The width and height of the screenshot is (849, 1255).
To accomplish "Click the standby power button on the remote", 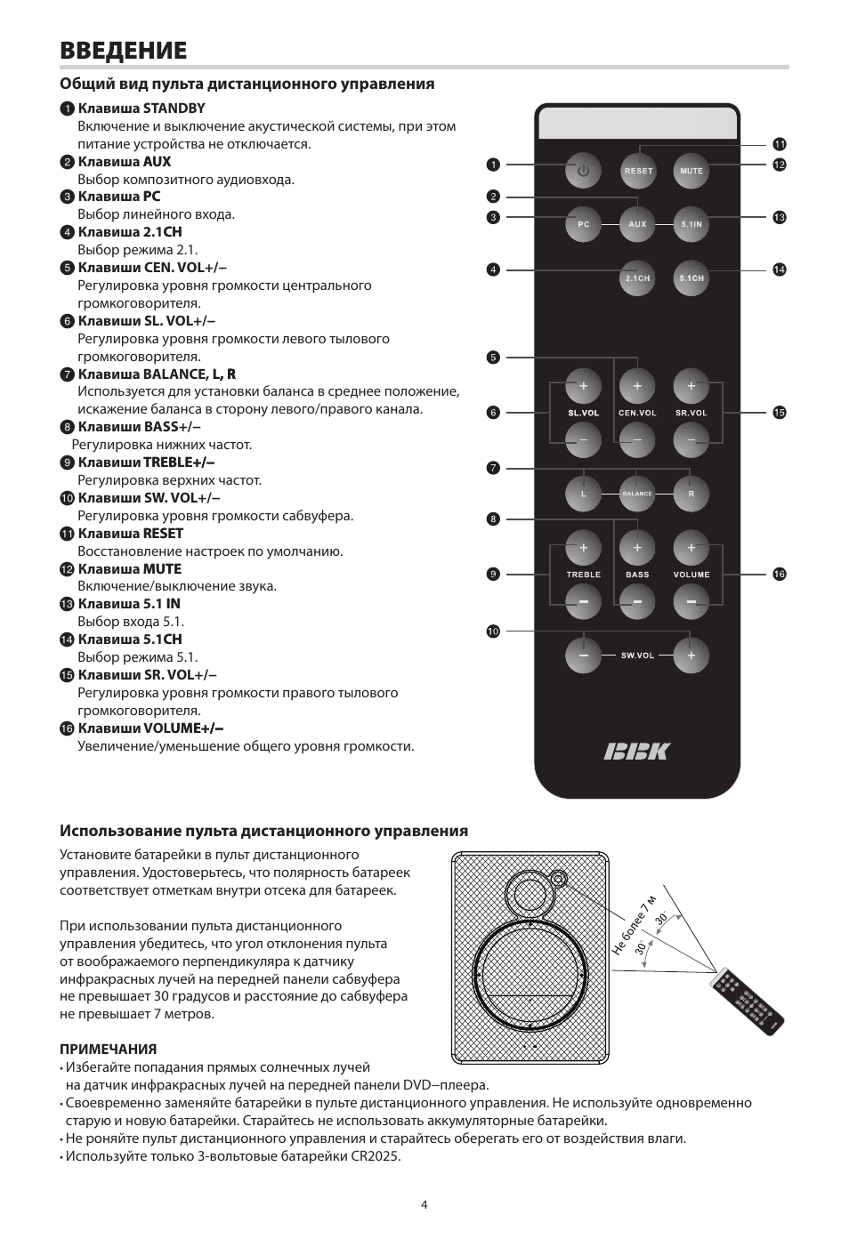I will tap(584, 171).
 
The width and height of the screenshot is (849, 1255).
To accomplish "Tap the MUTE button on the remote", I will tap(691, 171).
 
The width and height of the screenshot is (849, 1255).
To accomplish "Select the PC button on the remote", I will tap(584, 224).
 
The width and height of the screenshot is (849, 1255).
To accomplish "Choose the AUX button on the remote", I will tap(637, 224).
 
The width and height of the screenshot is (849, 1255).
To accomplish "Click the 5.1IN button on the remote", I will tap(691, 224).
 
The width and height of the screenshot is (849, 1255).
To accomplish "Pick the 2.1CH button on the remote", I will tap(637, 278).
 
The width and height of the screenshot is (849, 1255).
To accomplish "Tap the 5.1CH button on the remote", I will tap(691, 278).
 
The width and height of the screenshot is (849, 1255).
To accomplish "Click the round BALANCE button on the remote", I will tap(637, 494).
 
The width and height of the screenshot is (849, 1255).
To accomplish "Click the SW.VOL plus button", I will tap(691, 656).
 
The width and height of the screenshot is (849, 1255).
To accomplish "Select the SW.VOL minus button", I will tap(584, 656).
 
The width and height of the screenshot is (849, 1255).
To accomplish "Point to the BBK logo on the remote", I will tap(636, 752).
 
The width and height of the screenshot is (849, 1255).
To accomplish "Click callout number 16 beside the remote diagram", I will tap(780, 575).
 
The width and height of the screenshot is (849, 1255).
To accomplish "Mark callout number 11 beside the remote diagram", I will tap(780, 144).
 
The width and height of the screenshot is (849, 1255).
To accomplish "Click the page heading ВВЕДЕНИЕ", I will tap(124, 50).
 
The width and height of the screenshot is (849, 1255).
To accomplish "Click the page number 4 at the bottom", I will tap(424, 1205).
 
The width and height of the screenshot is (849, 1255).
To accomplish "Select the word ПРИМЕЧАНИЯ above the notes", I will tap(108, 1050).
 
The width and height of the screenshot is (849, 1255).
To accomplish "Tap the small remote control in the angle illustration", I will tap(748, 1004).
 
